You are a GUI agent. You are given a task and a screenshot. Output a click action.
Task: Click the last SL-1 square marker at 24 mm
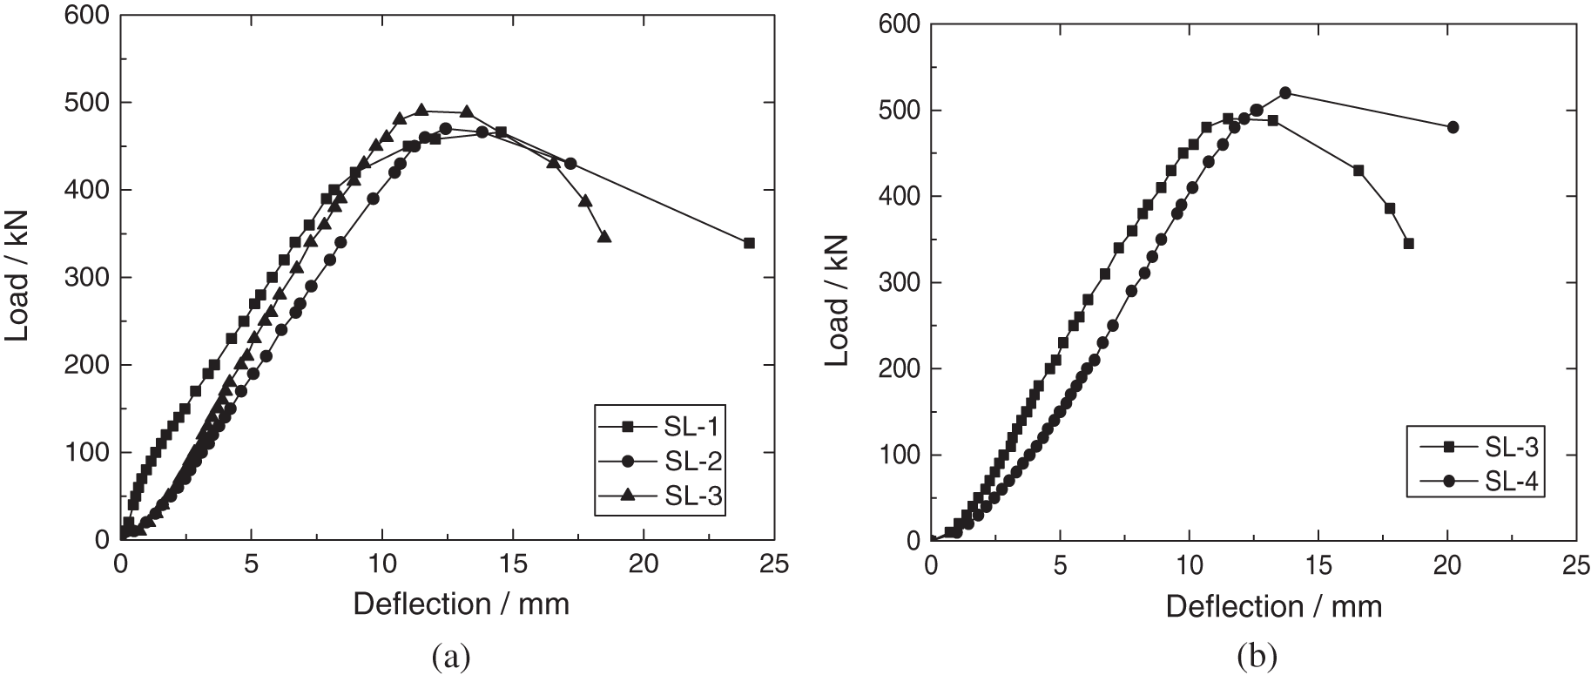tap(749, 243)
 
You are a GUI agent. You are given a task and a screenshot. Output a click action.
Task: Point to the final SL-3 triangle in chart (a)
tap(604, 237)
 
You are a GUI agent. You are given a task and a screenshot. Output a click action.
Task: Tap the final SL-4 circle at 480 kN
tap(1453, 127)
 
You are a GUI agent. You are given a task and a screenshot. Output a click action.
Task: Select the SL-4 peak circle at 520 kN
tap(1285, 93)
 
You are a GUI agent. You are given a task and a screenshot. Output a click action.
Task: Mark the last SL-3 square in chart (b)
tap(1408, 244)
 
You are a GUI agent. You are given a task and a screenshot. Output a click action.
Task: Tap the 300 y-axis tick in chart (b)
tap(899, 283)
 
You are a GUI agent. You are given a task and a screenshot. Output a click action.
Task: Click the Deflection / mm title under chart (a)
tap(461, 604)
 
